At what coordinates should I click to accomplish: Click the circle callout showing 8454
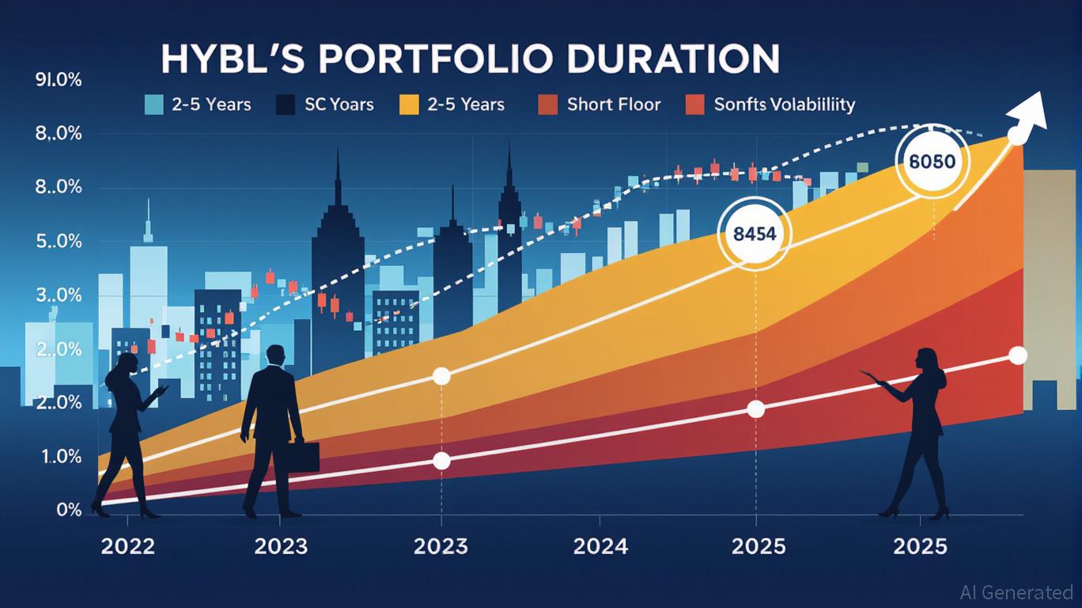click(x=754, y=234)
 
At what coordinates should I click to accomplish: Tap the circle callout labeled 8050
click(x=933, y=161)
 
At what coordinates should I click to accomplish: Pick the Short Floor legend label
click(x=613, y=104)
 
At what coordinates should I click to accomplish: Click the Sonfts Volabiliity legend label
click(x=784, y=104)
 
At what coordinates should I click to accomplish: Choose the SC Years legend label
click(x=339, y=104)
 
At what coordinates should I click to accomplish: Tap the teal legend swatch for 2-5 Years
click(x=154, y=104)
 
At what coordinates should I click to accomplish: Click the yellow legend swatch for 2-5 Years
click(x=409, y=104)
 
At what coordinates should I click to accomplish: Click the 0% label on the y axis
click(x=69, y=510)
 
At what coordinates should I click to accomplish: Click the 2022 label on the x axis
click(x=128, y=546)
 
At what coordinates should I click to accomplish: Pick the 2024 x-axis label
click(x=600, y=546)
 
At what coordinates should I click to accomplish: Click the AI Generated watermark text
click(x=1016, y=592)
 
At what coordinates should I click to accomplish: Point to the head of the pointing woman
click(x=925, y=359)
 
